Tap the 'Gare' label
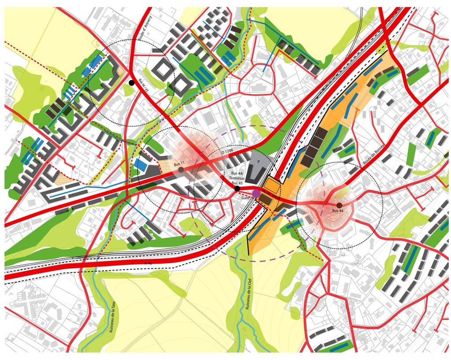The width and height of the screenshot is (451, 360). pos(245,198)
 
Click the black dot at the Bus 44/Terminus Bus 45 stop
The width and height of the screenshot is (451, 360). pos(237,188)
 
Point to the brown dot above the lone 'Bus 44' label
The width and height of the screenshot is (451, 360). pos(339,205)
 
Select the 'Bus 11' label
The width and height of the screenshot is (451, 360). pos(179,164)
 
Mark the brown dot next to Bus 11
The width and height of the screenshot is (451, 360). pos(181,169)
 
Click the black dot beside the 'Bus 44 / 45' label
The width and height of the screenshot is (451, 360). pos(131,83)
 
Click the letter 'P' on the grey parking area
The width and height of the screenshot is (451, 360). pos(253,162)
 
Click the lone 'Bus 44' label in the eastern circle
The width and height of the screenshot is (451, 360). pos(338,212)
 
